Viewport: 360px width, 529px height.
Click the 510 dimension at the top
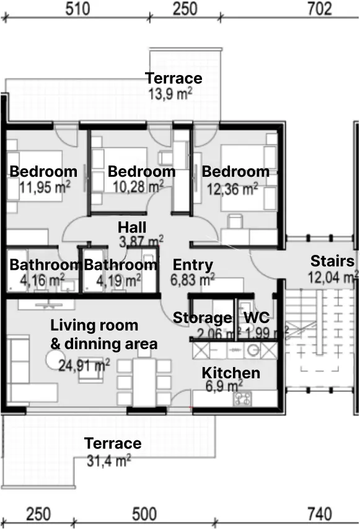tap(77, 9)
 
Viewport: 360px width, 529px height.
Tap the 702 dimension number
tap(320, 9)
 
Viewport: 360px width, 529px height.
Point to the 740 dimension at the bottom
tap(320, 514)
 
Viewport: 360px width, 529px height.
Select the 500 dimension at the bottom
tap(144, 514)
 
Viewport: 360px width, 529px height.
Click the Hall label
tap(132, 228)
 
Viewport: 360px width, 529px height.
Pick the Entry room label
tap(193, 265)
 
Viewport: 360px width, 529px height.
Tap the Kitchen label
tap(231, 373)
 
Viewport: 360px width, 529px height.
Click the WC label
tap(257, 318)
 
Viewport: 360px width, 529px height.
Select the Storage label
tap(202, 318)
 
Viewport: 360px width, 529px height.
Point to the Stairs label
tap(332, 261)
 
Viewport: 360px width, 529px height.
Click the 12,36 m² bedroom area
tap(232, 189)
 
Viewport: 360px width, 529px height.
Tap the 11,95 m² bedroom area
tap(45, 187)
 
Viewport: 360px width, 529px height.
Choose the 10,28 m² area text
tap(138, 186)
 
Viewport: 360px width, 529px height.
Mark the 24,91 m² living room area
tap(84, 365)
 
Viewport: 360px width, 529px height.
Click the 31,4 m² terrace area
tap(109, 460)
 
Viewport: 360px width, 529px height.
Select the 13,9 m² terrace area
tap(170, 94)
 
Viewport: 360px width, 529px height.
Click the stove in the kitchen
tap(243, 398)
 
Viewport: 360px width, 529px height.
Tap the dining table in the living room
tap(144, 383)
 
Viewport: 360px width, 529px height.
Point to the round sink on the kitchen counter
tap(252, 350)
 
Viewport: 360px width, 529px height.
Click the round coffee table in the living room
tap(56, 360)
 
